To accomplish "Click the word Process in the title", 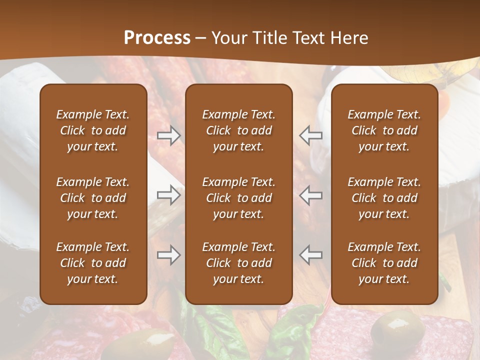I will pos(157,38).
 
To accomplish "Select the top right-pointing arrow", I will pos(168,135).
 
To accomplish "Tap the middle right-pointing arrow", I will pos(168,195).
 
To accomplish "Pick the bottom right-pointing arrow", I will pos(168,255).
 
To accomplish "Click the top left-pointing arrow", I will pos(311,135).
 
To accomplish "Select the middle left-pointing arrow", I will pos(311,195).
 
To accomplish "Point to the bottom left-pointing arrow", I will pos(311,255).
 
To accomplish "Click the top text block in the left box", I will pos(93,130).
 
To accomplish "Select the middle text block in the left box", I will pos(93,198).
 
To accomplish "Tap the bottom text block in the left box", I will pos(93,263).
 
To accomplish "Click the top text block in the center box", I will pos(238,130).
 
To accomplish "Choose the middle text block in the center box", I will pos(238,198).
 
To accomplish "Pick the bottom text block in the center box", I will pos(238,263).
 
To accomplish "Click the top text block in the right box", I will pos(384,130).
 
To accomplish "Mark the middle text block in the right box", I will pos(384,198).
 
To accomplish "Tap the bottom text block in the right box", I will pos(384,263).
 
